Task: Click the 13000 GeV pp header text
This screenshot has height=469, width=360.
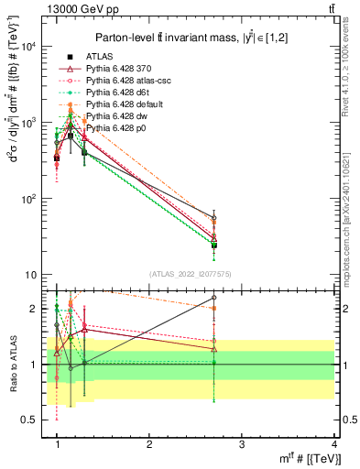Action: [41, 8]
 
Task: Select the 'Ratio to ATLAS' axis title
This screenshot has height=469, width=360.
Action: [13, 364]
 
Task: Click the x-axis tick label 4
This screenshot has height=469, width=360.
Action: [333, 444]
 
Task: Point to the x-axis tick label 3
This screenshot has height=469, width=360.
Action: [241, 444]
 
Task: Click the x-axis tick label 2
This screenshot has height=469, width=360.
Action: [149, 444]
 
